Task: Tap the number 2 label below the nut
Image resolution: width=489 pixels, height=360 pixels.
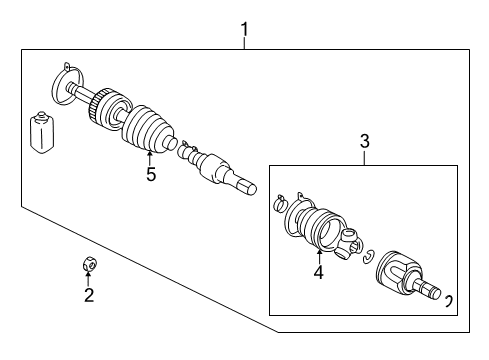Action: point(88,295)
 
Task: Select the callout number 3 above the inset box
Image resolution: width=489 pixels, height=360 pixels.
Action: point(364,144)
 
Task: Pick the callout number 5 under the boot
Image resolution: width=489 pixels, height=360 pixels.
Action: point(150,175)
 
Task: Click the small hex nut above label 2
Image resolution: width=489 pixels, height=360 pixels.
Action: point(87,264)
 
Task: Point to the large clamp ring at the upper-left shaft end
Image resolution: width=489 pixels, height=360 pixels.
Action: point(65,77)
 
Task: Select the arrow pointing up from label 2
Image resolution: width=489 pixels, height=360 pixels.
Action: point(88,277)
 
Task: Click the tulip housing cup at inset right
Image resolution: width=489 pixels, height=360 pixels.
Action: point(404,271)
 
